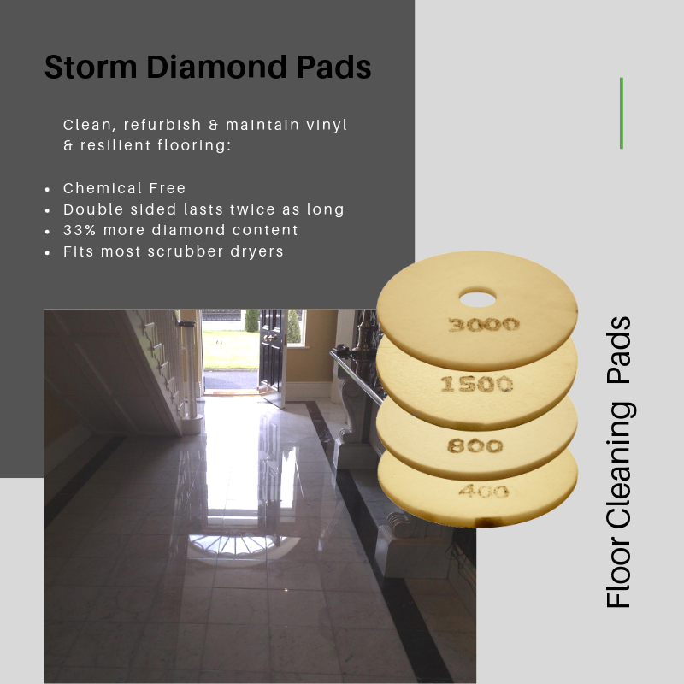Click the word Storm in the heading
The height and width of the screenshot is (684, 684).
pyautogui.click(x=91, y=67)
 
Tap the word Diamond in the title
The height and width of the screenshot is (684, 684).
pyautogui.click(x=216, y=67)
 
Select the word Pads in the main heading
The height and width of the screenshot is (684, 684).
pyautogui.click(x=333, y=67)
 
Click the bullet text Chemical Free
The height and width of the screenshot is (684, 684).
pyautogui.click(x=124, y=188)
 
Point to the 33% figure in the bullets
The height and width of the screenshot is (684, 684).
pyautogui.click(x=80, y=230)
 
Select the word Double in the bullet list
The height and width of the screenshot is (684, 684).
pyautogui.click(x=93, y=209)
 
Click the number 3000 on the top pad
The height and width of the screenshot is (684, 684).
pyautogui.click(x=483, y=325)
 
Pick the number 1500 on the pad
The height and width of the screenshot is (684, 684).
pyautogui.click(x=476, y=384)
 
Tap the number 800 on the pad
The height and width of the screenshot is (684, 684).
pyautogui.click(x=475, y=445)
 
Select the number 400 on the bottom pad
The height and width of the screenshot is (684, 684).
pyautogui.click(x=483, y=491)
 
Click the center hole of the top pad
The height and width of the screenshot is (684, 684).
pyautogui.click(x=478, y=299)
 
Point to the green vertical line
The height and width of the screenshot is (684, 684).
pyautogui.click(x=622, y=114)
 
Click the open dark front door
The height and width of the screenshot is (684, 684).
pyautogui.click(x=272, y=353)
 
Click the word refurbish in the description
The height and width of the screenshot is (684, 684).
pyautogui.click(x=162, y=125)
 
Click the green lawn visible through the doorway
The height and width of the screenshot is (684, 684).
pyautogui.click(x=230, y=350)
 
